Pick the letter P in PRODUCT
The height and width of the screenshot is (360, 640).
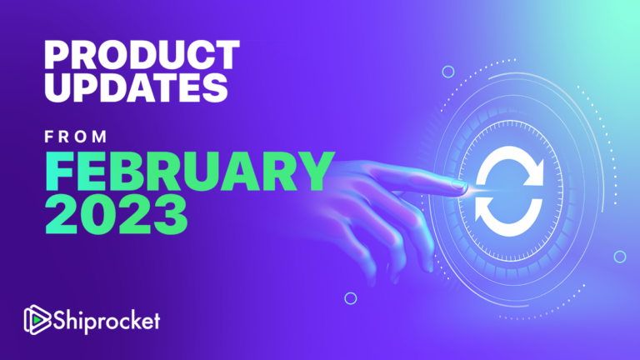[55, 55]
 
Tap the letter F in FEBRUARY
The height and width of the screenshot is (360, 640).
[57, 168]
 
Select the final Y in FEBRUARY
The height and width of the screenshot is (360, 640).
[307, 168]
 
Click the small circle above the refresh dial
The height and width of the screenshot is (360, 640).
[449, 72]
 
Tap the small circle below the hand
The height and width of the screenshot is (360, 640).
[351, 297]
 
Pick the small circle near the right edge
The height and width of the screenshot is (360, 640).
[619, 256]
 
